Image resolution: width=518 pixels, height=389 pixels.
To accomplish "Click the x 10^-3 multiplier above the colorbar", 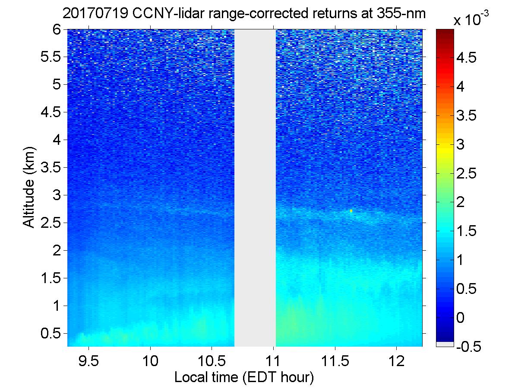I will tap(472, 19).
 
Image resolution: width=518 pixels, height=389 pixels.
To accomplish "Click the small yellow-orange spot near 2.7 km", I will tap(351, 211).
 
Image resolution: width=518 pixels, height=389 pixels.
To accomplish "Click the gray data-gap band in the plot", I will tap(255, 186).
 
